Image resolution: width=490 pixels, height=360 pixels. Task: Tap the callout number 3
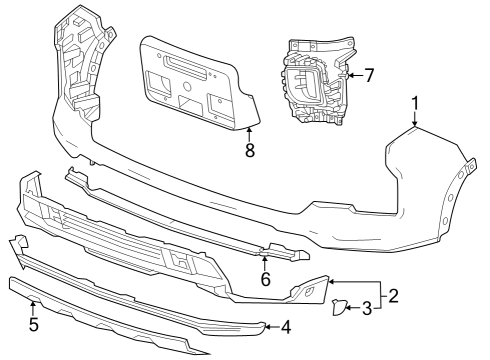pyautogui.click(x=367, y=309)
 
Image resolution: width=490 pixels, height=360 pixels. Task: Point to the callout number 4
pyautogui.click(x=285, y=326)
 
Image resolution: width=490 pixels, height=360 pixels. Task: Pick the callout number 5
pyautogui.click(x=34, y=324)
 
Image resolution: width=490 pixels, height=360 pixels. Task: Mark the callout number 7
pyautogui.click(x=369, y=74)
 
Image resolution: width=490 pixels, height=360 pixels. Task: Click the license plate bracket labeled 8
pyautogui.click(x=195, y=85)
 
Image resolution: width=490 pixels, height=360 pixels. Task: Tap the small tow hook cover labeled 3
pyautogui.click(x=339, y=309)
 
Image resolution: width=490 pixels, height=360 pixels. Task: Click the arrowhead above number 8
pyautogui.click(x=250, y=130)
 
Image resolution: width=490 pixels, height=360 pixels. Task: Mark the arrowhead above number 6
pyautogui.click(x=265, y=258)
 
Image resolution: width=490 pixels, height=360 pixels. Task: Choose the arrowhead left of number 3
pyautogui.click(x=348, y=309)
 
